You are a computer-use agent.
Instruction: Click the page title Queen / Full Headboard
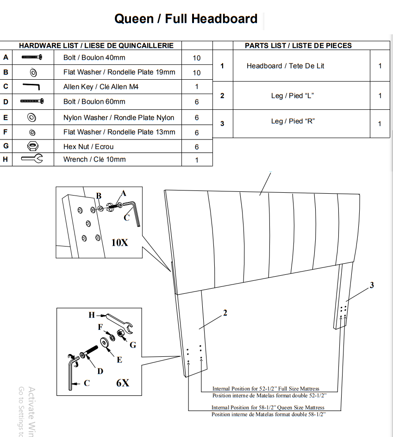click(186, 19)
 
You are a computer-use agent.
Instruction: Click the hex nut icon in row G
click(33, 146)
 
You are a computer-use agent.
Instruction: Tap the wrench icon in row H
click(32, 158)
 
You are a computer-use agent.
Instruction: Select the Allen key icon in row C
click(31, 86)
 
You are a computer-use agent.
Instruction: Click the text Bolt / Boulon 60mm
click(94, 102)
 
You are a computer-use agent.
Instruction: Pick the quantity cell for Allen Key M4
click(197, 87)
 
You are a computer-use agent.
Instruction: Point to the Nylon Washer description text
click(119, 118)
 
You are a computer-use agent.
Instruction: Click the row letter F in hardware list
click(6, 132)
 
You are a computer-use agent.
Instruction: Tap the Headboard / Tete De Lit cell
click(285, 66)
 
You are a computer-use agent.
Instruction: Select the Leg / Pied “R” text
click(293, 121)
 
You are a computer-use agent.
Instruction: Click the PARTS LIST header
click(298, 45)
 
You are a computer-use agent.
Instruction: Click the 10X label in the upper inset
click(120, 242)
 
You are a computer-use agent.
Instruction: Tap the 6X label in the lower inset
click(123, 383)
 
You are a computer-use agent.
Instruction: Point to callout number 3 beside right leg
click(372, 285)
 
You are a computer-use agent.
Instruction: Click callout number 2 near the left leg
click(225, 313)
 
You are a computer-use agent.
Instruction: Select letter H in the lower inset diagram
click(92, 315)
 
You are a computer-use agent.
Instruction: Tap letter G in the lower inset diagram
click(133, 345)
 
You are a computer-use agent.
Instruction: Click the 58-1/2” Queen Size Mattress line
click(268, 407)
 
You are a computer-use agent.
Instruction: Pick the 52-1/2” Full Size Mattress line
click(266, 388)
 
